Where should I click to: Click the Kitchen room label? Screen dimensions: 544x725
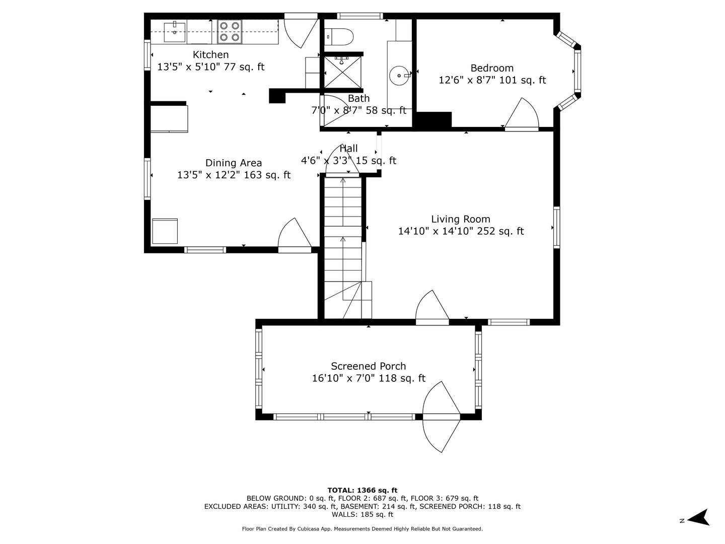click(x=210, y=54)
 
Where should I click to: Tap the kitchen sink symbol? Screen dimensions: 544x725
click(x=175, y=32)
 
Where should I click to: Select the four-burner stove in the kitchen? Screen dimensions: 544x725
click(x=230, y=31)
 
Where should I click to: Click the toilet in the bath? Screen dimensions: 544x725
click(x=340, y=36)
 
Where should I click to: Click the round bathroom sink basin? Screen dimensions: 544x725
click(x=399, y=76)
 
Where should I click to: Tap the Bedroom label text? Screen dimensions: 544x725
click(x=492, y=68)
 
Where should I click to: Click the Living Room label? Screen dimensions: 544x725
click(x=460, y=219)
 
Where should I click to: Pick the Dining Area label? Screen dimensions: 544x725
click(x=234, y=163)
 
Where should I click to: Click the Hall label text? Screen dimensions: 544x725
click(x=348, y=149)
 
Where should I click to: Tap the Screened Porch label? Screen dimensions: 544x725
click(x=368, y=366)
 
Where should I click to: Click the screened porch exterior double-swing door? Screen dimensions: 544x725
click(x=441, y=417)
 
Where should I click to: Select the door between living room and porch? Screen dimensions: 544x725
click(x=432, y=307)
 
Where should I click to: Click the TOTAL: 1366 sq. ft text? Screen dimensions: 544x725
click(x=362, y=490)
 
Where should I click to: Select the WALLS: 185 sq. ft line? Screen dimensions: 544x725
click(x=362, y=514)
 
